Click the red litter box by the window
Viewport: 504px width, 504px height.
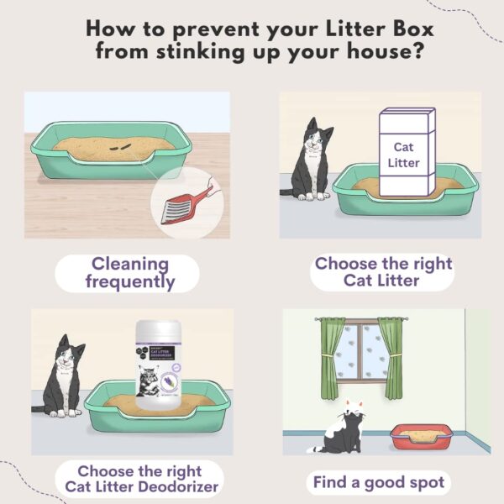(420, 437)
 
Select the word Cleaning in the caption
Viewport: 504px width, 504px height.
(130, 264)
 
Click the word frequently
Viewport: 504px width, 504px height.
(130, 282)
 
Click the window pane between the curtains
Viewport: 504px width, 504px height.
(360, 353)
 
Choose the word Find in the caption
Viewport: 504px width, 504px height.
(333, 483)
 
